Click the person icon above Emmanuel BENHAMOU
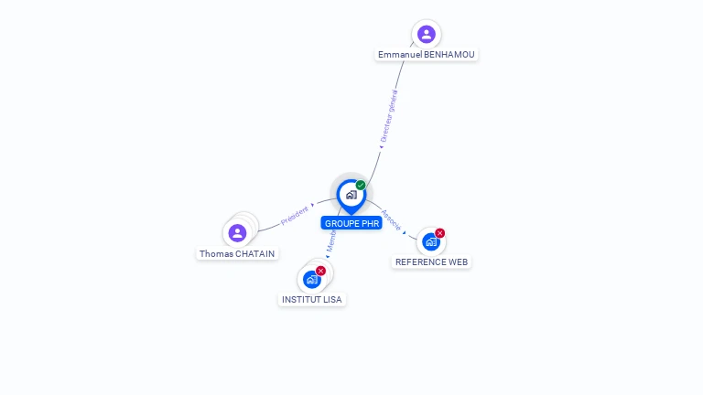426,35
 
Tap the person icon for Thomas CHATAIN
238,233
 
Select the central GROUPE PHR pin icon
351,195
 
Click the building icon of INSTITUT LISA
312,279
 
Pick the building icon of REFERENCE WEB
430,242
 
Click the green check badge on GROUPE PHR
361,186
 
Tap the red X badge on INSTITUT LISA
320,271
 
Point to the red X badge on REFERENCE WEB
439,233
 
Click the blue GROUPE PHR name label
351,223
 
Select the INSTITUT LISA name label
312,299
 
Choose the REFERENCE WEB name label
431,262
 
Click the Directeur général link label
389,115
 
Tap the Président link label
295,215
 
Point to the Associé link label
391,220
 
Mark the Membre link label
331,240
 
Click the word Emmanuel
400,55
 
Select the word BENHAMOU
449,55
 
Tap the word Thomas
216,253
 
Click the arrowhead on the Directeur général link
381,146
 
